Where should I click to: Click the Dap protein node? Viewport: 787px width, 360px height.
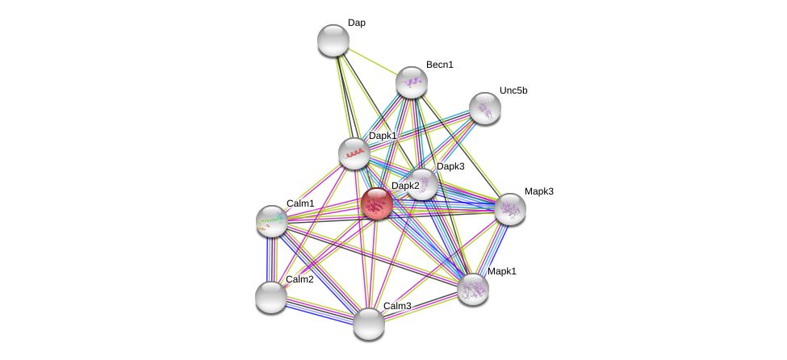tap(333, 40)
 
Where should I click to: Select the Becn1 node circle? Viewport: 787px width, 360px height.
tap(411, 82)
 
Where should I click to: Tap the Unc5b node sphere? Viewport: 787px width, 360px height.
tap(484, 108)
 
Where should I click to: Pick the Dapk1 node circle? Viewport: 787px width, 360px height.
tap(354, 153)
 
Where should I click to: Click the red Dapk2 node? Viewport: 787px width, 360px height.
tap(376, 203)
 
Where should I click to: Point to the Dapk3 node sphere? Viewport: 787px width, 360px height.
tap(422, 184)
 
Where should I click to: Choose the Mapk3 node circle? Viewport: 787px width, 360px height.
tap(509, 209)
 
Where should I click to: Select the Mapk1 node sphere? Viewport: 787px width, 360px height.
tap(472, 288)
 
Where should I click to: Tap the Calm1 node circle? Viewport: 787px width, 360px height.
tap(272, 220)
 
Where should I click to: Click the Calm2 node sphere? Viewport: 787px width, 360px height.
tap(271, 296)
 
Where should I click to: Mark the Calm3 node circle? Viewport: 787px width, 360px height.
tap(368, 323)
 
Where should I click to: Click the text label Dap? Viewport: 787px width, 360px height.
tap(356, 23)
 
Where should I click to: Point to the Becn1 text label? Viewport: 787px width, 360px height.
tap(439, 65)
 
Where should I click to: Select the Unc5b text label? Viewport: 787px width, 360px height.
tap(513, 90)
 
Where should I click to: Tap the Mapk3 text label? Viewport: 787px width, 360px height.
tap(538, 191)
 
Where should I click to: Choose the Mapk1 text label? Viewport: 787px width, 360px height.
tap(501, 271)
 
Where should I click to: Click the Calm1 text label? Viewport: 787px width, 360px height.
tap(300, 203)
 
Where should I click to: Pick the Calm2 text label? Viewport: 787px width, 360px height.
tap(299, 279)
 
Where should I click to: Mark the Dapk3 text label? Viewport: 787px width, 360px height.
tap(450, 166)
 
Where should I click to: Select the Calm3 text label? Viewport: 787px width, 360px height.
tap(396, 306)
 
